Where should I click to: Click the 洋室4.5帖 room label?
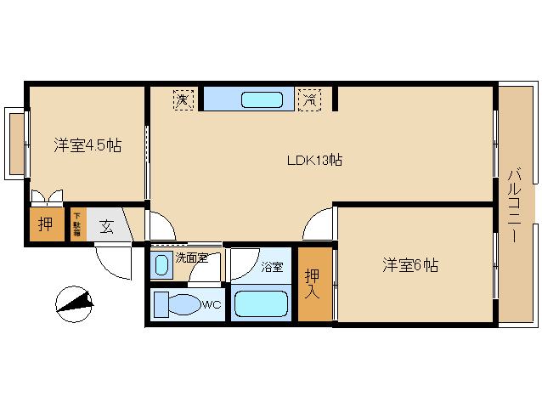(88, 145)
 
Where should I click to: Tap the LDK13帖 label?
(313, 160)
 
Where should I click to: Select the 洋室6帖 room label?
(409, 265)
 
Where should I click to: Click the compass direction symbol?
(74, 301)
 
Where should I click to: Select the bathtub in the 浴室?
(261, 304)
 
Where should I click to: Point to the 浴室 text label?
(271, 266)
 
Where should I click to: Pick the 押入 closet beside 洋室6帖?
(314, 283)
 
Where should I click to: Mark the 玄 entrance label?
(108, 226)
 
